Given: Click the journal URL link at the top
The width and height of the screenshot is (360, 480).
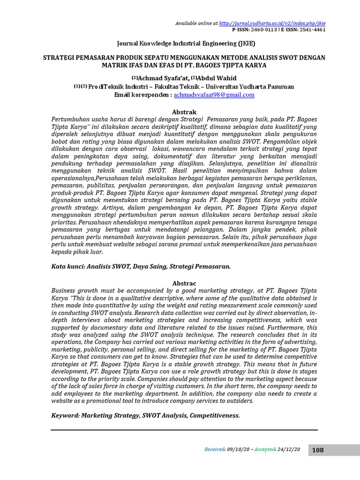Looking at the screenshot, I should pos(272,22).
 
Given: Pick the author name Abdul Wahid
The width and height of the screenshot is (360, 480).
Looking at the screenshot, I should pos(217,78).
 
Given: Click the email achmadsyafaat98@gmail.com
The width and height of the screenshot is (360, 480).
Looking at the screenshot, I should pos(214,95).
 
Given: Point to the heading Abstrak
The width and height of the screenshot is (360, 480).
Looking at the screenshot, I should pos(184,112).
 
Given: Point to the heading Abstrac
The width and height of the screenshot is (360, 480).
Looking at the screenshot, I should pos(184,284).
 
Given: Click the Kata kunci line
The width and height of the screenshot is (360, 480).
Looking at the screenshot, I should pos(141,266).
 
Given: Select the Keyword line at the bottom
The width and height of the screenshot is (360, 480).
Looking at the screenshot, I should pos(145,415).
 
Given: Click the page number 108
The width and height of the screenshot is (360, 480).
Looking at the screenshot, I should pos(317,450).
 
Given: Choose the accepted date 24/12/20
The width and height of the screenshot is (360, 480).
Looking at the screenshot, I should pos(289,450).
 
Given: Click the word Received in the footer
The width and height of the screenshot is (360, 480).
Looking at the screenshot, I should pos(215,450).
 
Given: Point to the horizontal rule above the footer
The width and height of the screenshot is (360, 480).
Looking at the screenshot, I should pos(184,429).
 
